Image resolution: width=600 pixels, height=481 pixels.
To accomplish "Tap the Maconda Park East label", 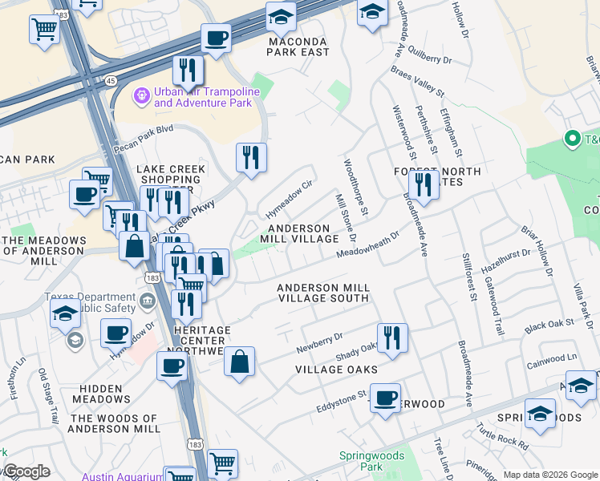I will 298,46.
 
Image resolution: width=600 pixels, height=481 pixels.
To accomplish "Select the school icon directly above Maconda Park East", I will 281,17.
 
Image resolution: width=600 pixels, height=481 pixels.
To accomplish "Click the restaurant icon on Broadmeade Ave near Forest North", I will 424,184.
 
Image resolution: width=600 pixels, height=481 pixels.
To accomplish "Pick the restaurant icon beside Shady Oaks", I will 391,338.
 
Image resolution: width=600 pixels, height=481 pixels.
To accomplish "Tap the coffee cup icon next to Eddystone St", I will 386,397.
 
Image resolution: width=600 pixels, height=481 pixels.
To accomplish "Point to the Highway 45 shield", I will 110,80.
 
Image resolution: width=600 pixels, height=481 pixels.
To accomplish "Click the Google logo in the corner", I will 26,471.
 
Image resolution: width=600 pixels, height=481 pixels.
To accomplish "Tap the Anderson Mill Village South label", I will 323,293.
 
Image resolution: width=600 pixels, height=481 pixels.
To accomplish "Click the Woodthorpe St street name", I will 354,188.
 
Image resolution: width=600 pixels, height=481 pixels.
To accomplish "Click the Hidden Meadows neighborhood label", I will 101,393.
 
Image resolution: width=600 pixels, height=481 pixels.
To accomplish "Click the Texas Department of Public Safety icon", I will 147,301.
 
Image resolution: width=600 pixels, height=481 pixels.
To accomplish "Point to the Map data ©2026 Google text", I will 550,475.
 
